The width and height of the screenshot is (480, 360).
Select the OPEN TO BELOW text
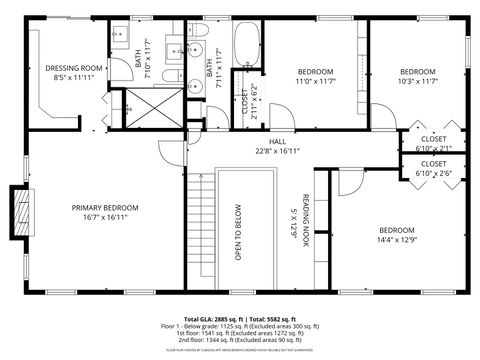[238, 233]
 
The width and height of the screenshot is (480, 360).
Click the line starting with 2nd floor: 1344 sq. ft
[240, 341]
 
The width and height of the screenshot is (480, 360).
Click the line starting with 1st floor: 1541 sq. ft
[240, 333]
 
